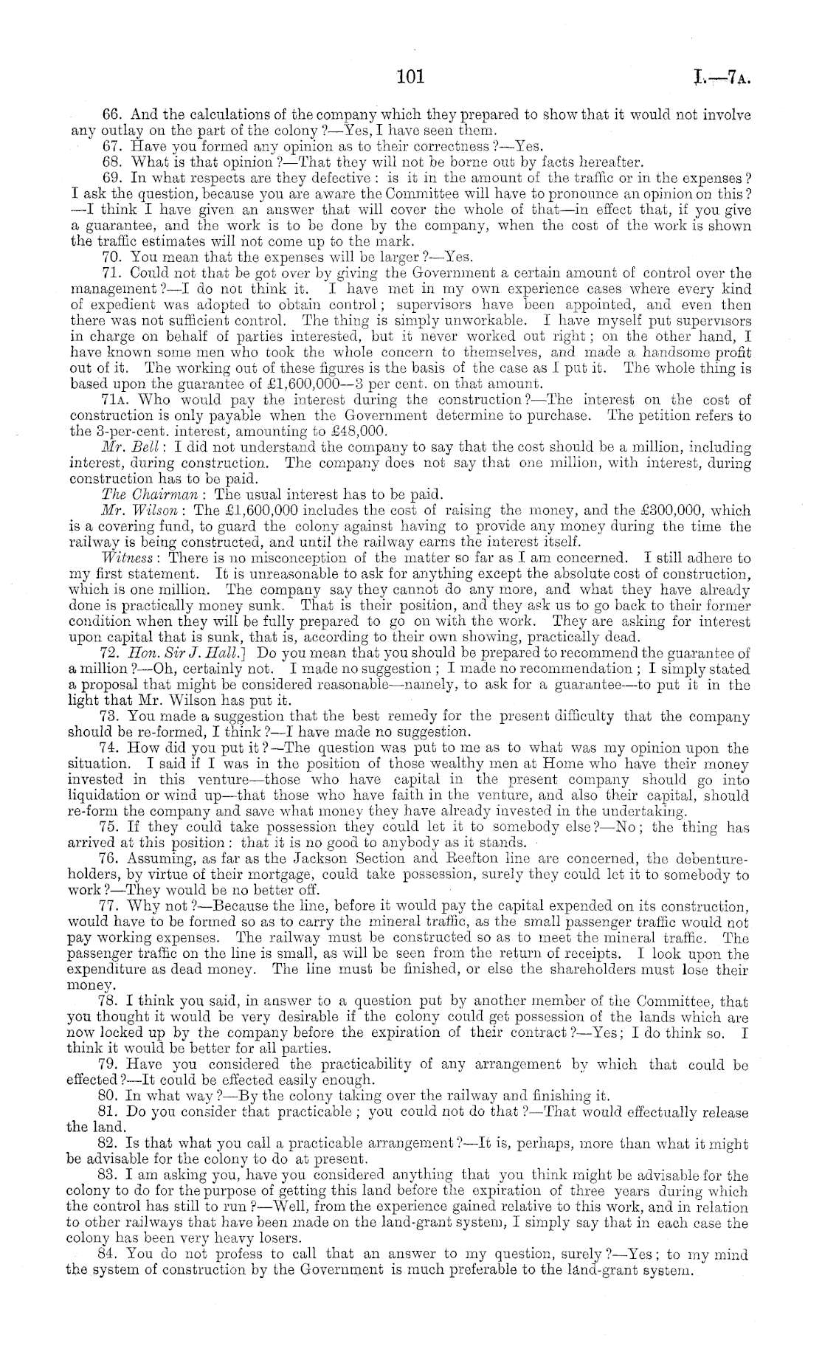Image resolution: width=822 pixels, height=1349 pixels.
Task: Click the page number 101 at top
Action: coord(407,75)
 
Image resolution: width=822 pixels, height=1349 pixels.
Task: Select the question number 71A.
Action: coord(114,400)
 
